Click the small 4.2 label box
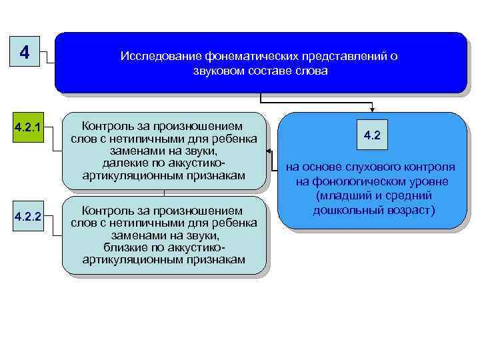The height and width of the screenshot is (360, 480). click(x=372, y=135)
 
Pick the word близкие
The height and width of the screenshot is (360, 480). click(x=123, y=247)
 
